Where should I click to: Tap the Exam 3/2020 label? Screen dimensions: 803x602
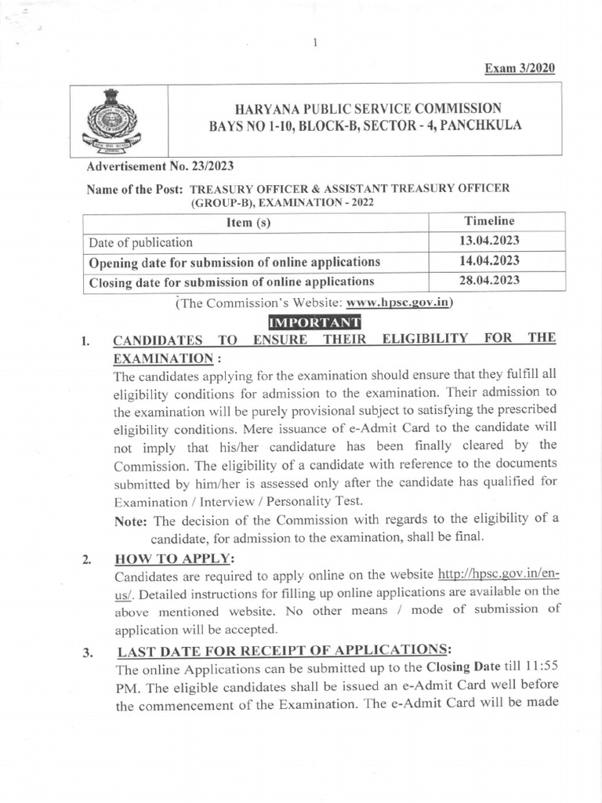tap(520, 68)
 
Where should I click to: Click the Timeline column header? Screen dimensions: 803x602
tap(489, 221)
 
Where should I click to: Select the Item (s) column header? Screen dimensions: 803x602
tap(248, 223)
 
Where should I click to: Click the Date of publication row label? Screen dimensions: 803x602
tap(141, 242)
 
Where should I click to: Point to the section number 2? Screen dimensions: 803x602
tap(86, 560)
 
